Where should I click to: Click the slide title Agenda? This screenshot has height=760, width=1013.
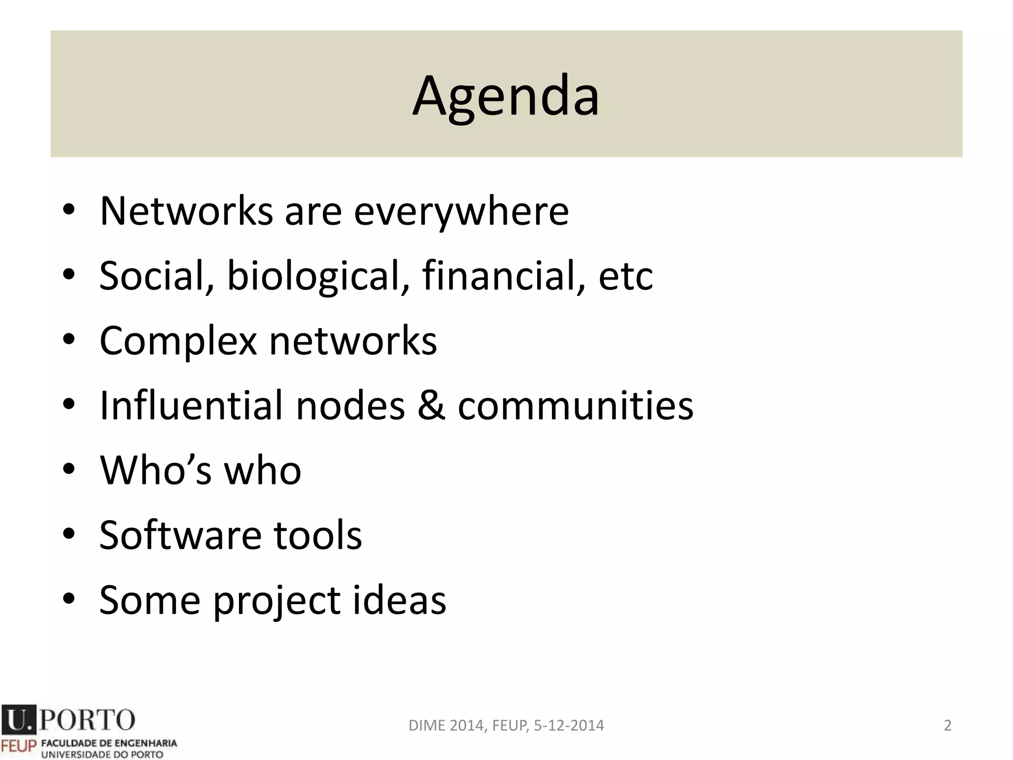coord(506,96)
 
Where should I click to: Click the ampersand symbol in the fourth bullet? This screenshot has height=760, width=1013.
coord(431,406)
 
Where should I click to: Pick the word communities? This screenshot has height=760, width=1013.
coord(575,406)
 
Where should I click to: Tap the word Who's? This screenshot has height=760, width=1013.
coord(156,470)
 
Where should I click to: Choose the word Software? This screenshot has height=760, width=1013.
coord(180,535)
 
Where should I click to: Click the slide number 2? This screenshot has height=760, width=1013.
coord(948,725)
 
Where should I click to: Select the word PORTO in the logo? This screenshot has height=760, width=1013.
coord(87,719)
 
